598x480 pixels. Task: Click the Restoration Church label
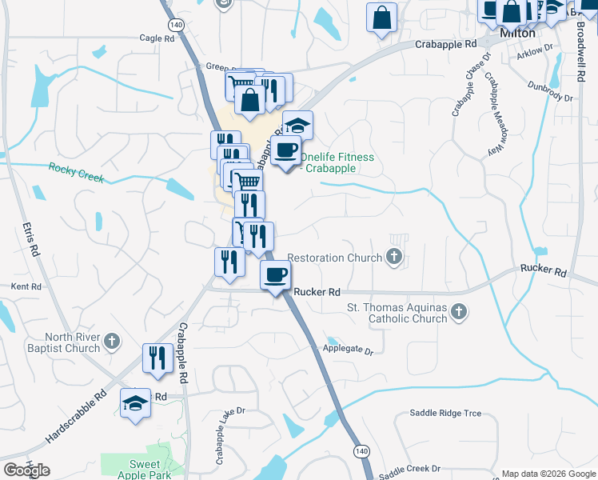[x=334, y=258]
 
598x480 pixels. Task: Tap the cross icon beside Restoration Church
[x=393, y=258]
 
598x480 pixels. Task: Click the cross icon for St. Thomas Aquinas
[x=458, y=312]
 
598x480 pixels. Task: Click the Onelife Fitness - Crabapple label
[x=337, y=162]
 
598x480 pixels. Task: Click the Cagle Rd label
[x=157, y=38]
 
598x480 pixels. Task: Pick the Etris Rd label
[x=30, y=239]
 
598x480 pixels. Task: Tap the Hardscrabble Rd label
[x=77, y=417]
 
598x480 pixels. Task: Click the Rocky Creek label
[x=76, y=172]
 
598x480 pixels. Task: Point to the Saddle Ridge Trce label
[x=445, y=413]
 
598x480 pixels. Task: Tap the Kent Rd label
[x=25, y=286]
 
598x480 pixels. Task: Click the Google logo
[x=26, y=470]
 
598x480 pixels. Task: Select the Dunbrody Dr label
[x=551, y=92]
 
